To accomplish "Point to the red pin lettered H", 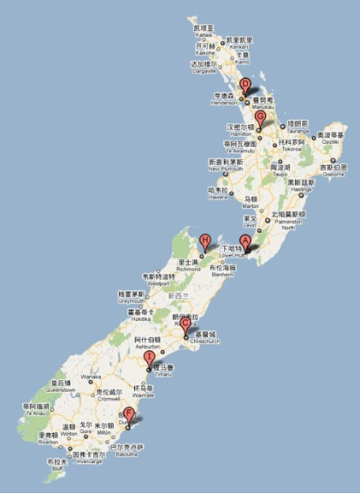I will click(205, 240).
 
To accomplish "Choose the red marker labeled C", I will click(185, 324).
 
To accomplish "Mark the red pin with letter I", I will click(149, 357).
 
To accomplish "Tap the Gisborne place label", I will click(332, 171).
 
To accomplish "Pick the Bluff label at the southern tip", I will click(56, 472).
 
